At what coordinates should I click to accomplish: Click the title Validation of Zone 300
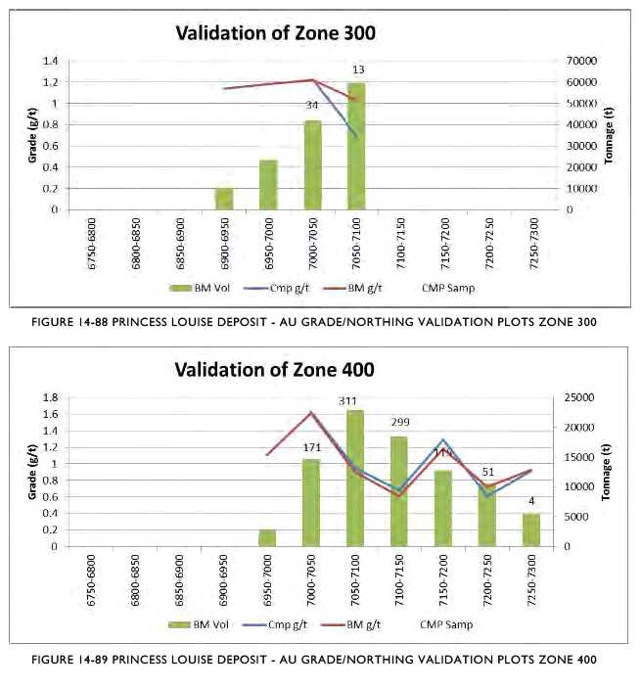275,32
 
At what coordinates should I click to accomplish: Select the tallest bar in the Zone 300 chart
356,147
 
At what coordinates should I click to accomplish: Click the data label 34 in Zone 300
311,105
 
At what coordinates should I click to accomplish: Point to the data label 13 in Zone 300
358,69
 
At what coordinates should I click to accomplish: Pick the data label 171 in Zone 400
311,447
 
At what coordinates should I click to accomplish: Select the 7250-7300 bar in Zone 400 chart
530,529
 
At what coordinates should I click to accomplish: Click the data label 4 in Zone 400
530,502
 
